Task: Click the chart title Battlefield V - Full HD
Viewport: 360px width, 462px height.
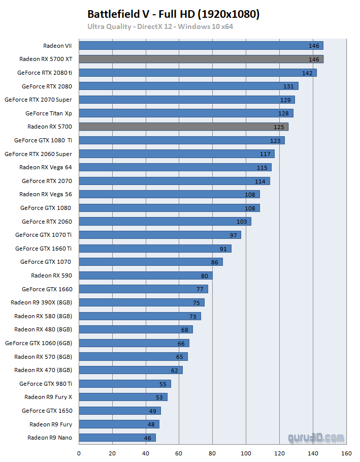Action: [173, 14]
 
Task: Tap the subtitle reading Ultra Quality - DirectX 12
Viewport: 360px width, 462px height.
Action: [160, 26]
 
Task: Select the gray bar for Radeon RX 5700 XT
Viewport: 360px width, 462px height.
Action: [201, 59]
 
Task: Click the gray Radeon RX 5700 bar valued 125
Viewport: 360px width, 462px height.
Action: [183, 127]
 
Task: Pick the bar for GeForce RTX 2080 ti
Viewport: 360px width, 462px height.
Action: [198, 73]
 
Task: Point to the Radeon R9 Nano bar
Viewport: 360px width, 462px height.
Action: [117, 438]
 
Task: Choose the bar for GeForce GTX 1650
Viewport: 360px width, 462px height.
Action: [120, 411]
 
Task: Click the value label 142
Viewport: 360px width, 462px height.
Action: [307, 73]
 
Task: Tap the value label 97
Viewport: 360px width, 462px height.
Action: [233, 235]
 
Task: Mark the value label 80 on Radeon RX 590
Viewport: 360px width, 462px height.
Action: [205, 275]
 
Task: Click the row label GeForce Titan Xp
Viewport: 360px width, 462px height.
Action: [49, 113]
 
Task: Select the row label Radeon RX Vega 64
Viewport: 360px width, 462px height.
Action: [46, 167]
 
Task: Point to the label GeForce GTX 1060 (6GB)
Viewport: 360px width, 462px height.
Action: [38, 343]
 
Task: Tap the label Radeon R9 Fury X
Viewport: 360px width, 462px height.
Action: [48, 397]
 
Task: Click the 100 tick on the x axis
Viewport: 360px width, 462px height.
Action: [246, 453]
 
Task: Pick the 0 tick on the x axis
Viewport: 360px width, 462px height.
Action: [79, 453]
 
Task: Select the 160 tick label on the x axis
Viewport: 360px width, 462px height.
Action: [346, 453]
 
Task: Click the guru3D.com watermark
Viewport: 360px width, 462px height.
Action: [315, 437]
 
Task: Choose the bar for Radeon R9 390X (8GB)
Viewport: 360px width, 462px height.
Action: [142, 302]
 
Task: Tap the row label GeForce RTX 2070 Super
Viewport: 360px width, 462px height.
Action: [38, 100]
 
